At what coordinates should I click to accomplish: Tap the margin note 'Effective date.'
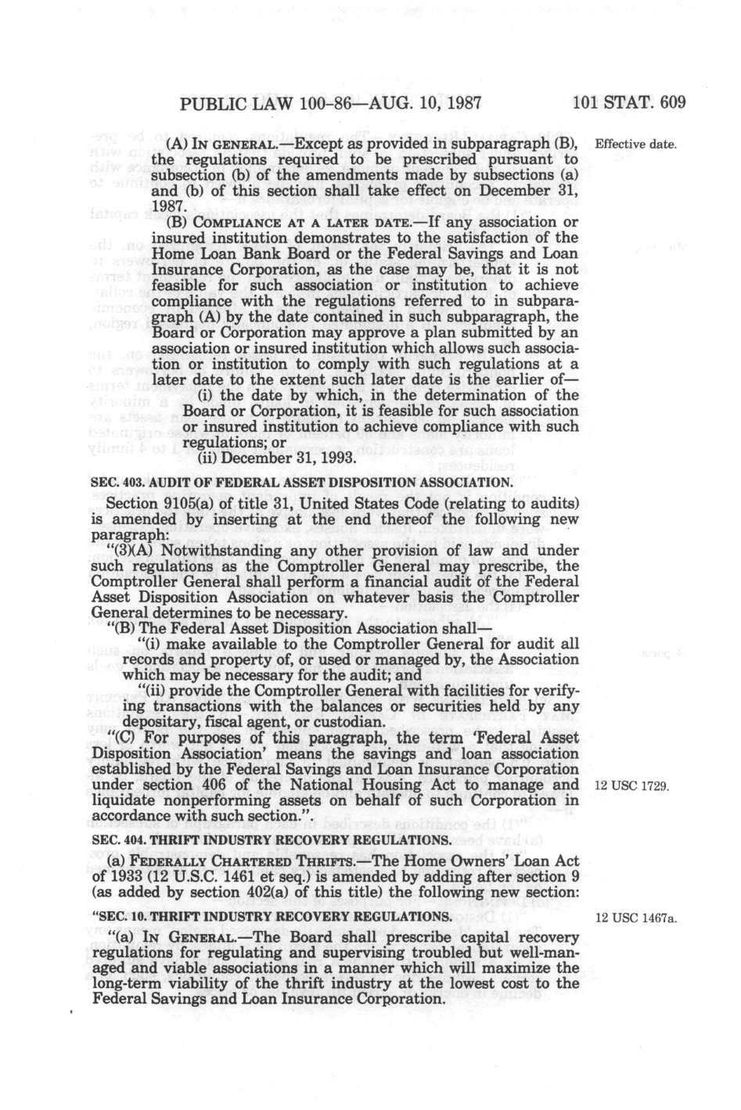tap(635, 145)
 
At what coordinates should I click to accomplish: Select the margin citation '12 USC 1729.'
tap(631, 786)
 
